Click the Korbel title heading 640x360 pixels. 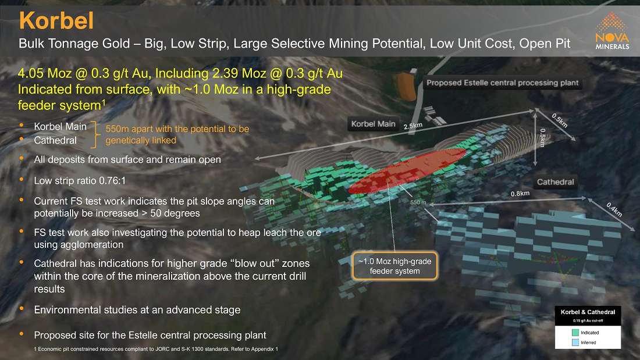tap(56, 20)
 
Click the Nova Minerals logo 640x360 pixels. tap(612, 31)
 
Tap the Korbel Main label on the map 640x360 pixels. tap(373, 124)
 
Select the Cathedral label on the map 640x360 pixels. tap(555, 182)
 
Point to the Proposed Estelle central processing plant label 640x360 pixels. tap(503, 83)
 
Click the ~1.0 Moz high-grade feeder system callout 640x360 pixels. tap(394, 266)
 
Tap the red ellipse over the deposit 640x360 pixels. tap(407, 170)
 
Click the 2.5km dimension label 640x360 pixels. tap(413, 126)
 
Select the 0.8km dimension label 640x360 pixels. tap(520, 194)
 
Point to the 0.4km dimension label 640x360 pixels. tap(614, 210)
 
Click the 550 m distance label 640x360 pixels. tap(418, 202)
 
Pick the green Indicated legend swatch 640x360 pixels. tap(575, 333)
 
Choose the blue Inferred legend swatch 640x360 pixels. tap(575, 343)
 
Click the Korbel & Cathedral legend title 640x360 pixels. tap(588, 312)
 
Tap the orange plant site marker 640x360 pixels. tap(407, 85)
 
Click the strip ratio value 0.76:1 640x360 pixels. tap(112, 180)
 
